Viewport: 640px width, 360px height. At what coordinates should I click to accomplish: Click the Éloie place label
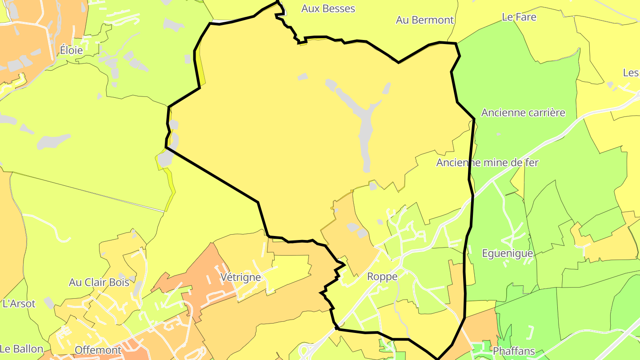click(72, 50)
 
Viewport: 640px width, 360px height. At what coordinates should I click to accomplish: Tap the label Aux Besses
click(328, 8)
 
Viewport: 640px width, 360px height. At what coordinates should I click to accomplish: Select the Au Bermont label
click(424, 20)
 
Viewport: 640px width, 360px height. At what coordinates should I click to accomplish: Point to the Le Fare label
click(519, 17)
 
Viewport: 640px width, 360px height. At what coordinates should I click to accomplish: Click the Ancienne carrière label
click(523, 112)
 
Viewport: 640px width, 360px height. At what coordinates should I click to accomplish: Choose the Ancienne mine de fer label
click(487, 163)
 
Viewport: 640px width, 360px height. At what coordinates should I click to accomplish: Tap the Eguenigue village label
click(507, 253)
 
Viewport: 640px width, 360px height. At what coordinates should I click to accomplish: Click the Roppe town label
click(382, 276)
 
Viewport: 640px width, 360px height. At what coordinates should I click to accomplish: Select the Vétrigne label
click(240, 277)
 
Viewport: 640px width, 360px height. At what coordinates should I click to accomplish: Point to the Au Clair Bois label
click(99, 282)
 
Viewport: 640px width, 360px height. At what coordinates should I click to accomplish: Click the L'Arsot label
click(19, 304)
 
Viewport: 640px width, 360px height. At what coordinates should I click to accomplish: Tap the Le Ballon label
click(22, 349)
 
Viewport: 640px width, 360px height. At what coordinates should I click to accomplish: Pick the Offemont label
click(98, 350)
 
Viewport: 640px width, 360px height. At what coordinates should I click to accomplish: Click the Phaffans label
click(514, 351)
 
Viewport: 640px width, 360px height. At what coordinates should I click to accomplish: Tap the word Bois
click(119, 282)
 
